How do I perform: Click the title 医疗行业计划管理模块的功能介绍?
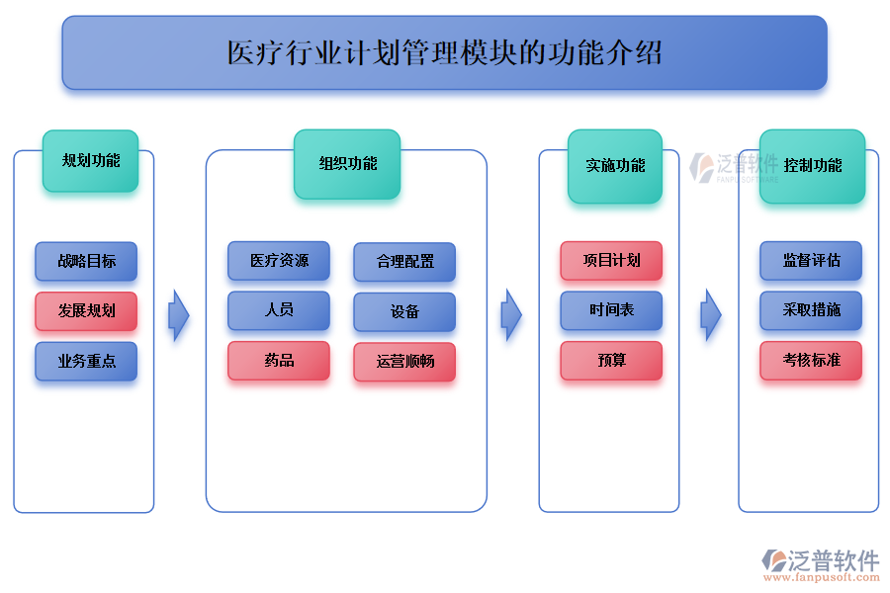click(x=444, y=52)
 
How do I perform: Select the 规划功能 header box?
click(x=90, y=161)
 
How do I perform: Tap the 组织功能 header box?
click(x=347, y=164)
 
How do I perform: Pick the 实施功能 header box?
click(x=615, y=166)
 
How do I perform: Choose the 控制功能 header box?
click(x=812, y=166)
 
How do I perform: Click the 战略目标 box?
click(x=86, y=262)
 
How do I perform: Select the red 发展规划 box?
click(x=86, y=311)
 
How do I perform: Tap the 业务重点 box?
click(x=86, y=362)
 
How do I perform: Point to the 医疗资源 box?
click(x=279, y=261)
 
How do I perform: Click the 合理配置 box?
click(x=404, y=263)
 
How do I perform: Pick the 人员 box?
click(x=279, y=310)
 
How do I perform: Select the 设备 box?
click(x=404, y=312)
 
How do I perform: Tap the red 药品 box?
click(x=279, y=361)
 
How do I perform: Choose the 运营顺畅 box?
click(x=404, y=362)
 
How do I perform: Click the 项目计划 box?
click(x=611, y=261)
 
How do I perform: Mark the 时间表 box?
click(x=611, y=310)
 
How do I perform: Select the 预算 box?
click(x=611, y=361)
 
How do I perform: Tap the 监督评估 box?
click(x=811, y=261)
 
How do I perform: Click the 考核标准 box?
click(x=811, y=361)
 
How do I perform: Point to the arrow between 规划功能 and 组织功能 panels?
click(x=178, y=315)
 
